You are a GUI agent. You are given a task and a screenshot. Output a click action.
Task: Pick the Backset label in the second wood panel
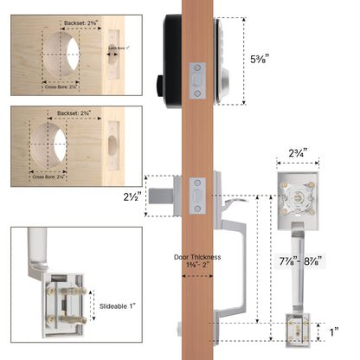coord(82,113)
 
